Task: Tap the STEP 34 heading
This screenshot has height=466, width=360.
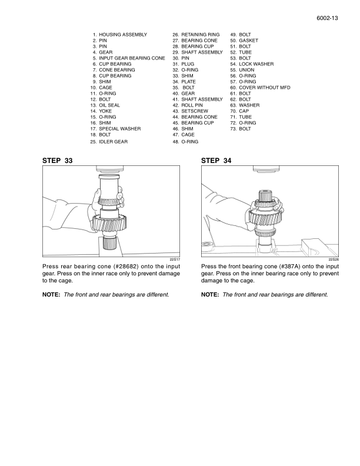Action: click(x=216, y=160)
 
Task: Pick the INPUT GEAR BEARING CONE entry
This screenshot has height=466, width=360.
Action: click(x=132, y=58)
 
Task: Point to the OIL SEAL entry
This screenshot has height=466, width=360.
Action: click(x=109, y=105)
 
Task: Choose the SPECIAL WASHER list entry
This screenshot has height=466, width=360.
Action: click(x=119, y=129)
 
